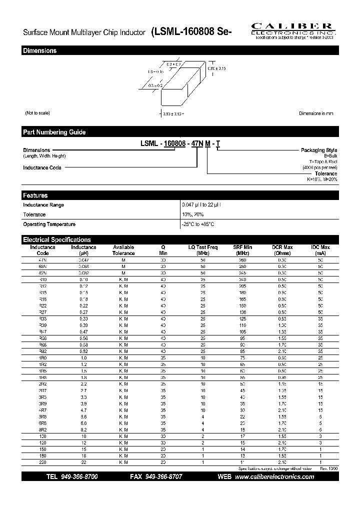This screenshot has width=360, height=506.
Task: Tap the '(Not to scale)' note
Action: pyautogui.click(x=37, y=113)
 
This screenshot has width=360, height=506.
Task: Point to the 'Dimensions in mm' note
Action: pyautogui.click(x=316, y=113)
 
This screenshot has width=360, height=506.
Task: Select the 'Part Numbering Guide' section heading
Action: pyautogui.click(x=54, y=132)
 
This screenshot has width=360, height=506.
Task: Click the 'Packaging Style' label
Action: pyautogui.click(x=318, y=150)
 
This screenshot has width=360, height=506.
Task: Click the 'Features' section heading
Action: pyautogui.click(x=35, y=195)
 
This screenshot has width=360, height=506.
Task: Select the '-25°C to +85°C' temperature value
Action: pyautogui.click(x=198, y=224)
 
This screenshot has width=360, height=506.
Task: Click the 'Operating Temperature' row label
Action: pyautogui.click(x=49, y=224)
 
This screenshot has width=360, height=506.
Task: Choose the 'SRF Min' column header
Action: pyautogui.click(x=243, y=247)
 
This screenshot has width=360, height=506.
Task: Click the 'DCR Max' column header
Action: pyautogui.click(x=282, y=247)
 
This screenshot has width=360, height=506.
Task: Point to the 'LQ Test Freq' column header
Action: pyautogui.click(x=203, y=247)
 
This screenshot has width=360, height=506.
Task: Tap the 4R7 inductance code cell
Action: pyautogui.click(x=42, y=409)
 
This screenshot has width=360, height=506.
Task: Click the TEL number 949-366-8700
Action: pyautogui.click(x=79, y=477)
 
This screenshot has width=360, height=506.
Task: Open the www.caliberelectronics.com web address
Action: pyautogui.click(x=274, y=477)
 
